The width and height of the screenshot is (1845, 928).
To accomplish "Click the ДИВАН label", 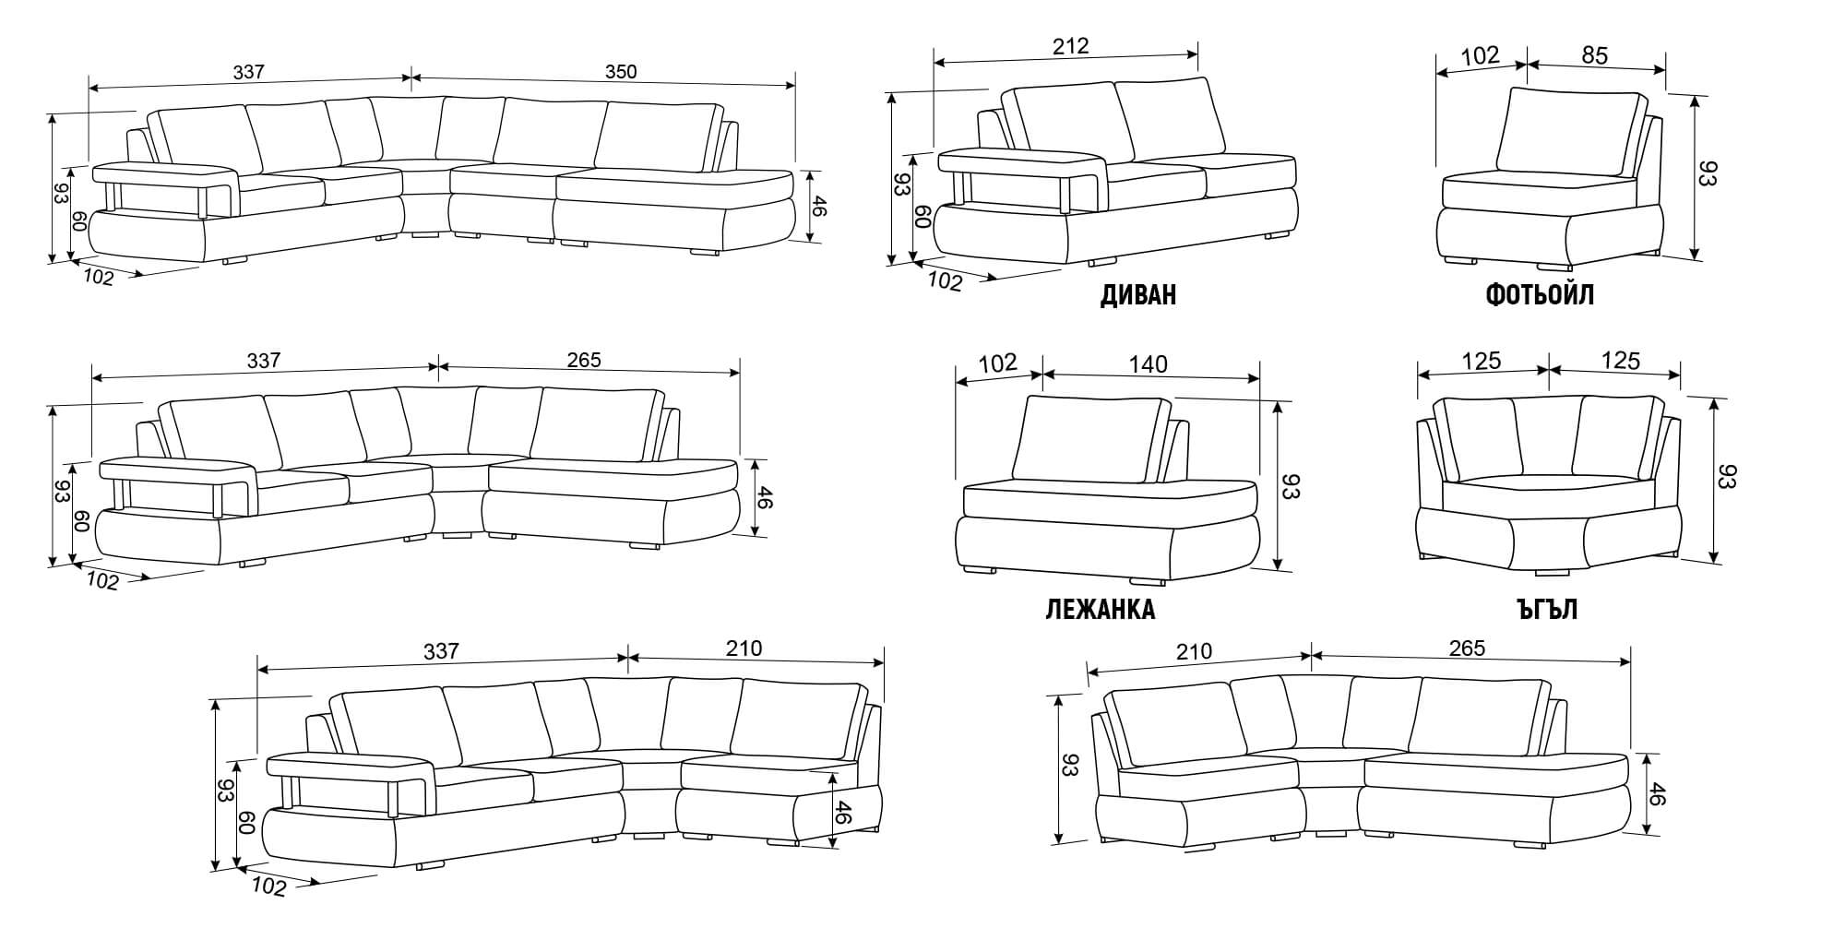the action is pyautogui.click(x=1138, y=295).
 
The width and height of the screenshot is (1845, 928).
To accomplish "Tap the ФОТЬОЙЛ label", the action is pyautogui.click(x=1540, y=295).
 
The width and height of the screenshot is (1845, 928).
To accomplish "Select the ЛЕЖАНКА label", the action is pyautogui.click(x=1101, y=610).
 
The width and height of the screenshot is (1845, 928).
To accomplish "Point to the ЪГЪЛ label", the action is pyautogui.click(x=1546, y=610).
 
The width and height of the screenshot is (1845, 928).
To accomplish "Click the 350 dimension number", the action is pyautogui.click(x=620, y=72).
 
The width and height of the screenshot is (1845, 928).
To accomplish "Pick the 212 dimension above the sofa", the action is pyautogui.click(x=1070, y=46).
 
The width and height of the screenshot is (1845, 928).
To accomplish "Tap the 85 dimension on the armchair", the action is pyautogui.click(x=1595, y=55).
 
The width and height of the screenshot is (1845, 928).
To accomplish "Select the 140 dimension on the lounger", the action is pyautogui.click(x=1148, y=364).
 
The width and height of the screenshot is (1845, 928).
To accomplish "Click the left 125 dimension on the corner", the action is pyautogui.click(x=1482, y=361).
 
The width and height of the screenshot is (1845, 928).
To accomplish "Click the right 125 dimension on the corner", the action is pyautogui.click(x=1620, y=361).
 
